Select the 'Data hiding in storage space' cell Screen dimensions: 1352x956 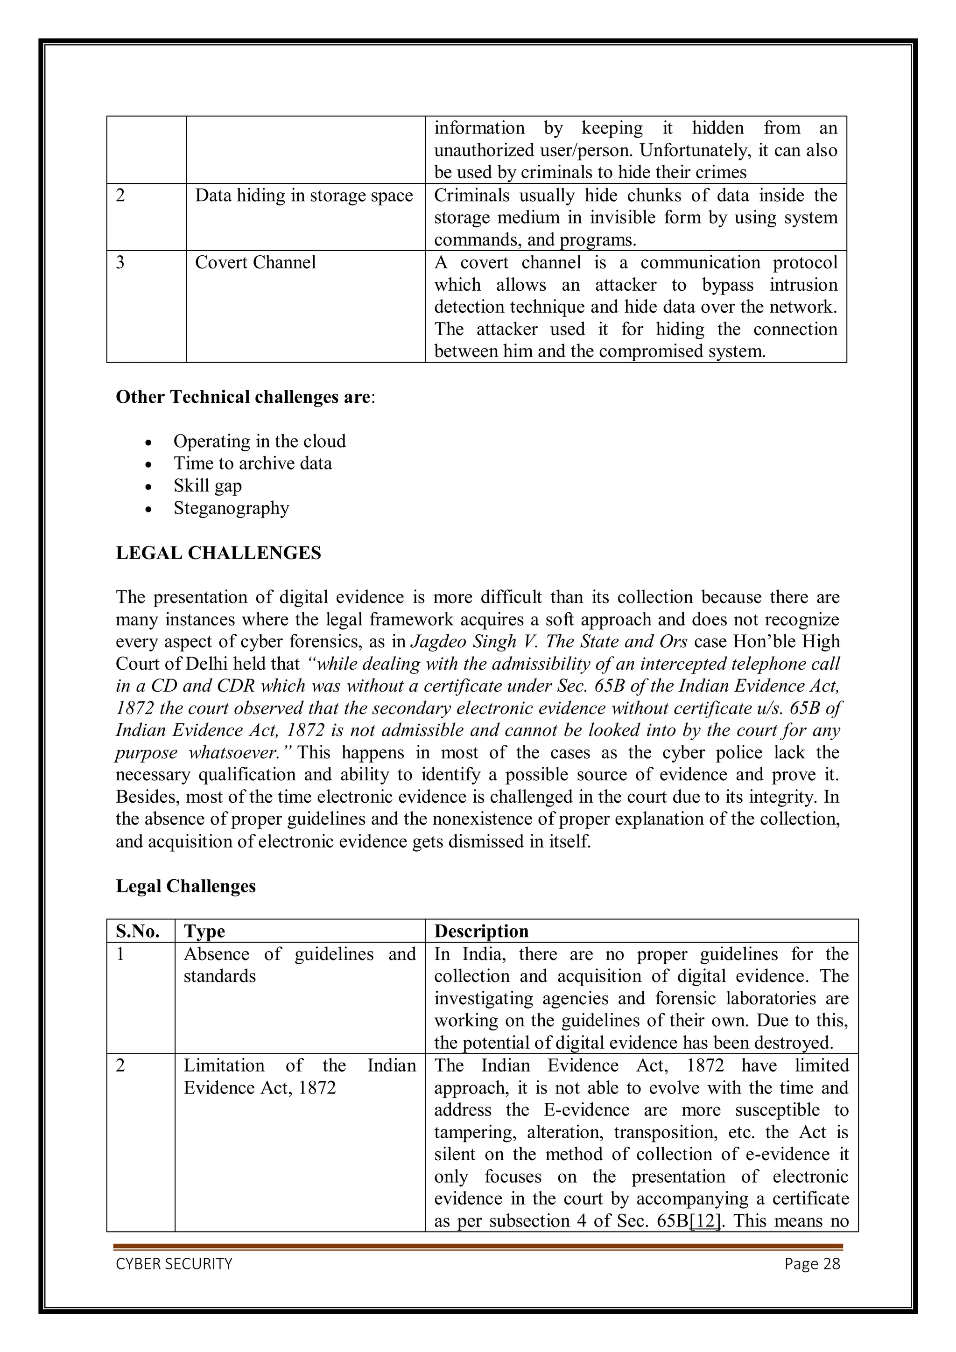[x=304, y=196]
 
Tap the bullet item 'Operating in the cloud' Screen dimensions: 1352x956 [x=259, y=441]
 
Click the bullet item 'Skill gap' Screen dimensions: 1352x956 [x=207, y=486]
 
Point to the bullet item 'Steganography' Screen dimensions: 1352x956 [x=231, y=508]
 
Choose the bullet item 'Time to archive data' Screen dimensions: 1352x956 [x=252, y=463]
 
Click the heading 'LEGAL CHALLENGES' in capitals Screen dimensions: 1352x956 [x=218, y=553]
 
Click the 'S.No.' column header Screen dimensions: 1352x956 [x=138, y=931]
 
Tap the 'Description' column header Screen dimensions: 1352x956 [x=481, y=931]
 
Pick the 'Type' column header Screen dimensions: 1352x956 [x=204, y=931]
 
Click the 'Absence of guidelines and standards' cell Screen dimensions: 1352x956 [x=299, y=965]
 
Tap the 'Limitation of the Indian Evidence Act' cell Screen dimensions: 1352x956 [x=299, y=1076]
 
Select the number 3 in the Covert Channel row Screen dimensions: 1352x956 [x=121, y=263]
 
